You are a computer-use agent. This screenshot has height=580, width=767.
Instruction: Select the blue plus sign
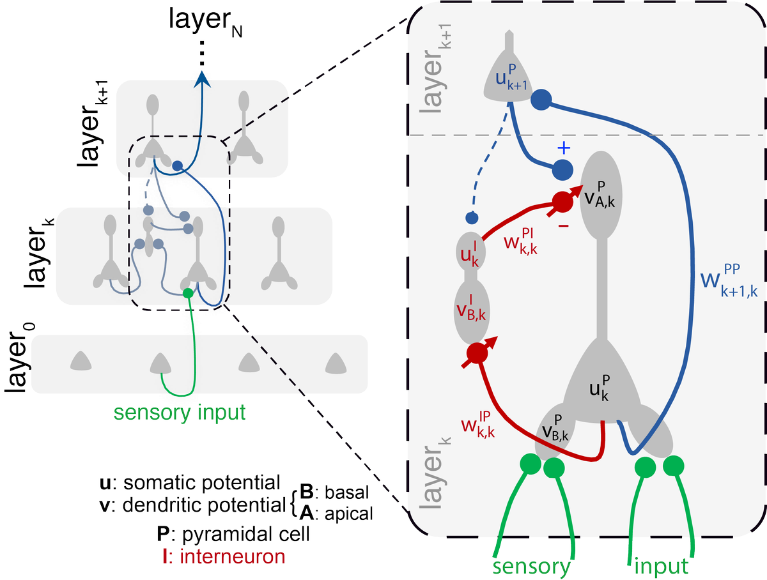click(563, 149)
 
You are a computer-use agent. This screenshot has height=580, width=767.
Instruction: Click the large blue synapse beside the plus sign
click(563, 170)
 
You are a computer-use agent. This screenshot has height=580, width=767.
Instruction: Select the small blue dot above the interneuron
click(472, 218)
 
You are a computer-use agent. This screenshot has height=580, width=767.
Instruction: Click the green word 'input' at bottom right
click(662, 566)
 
